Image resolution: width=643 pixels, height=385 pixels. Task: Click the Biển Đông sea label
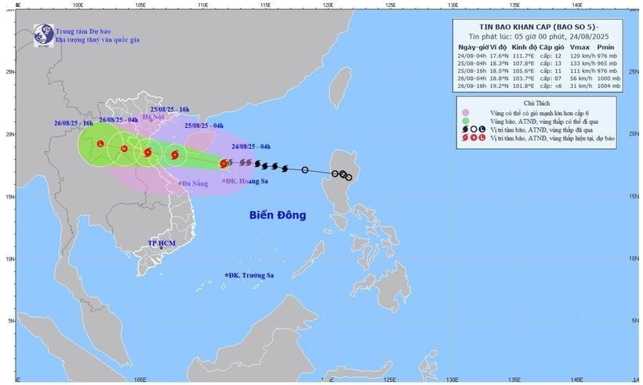pos(278,215)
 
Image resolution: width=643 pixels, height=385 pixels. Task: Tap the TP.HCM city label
pos(162,244)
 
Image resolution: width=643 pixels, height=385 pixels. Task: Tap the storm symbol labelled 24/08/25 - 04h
pos(224,164)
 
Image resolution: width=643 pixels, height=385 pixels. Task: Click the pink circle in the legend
pos(465,113)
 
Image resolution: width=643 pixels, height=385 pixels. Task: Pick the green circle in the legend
pos(465,122)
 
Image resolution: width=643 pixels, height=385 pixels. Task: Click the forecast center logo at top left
pos(42,35)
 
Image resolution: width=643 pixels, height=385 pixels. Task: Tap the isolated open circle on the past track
pos(305,169)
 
